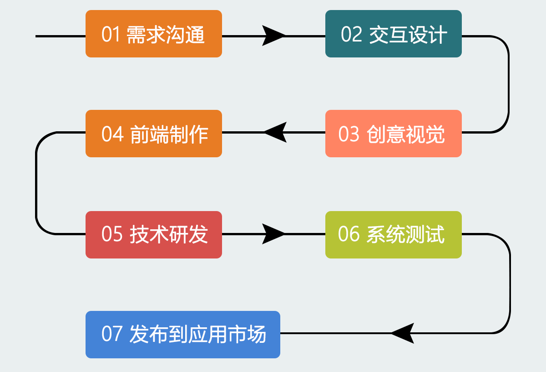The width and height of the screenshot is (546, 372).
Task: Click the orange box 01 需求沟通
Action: (x=154, y=34)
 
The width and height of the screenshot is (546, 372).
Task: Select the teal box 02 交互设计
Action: (x=394, y=34)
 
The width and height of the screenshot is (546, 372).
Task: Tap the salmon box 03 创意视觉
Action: (x=394, y=134)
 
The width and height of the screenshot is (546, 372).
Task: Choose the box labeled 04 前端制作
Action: (x=154, y=134)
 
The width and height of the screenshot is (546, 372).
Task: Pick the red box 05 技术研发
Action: (x=154, y=234)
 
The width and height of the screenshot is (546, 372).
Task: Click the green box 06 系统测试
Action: (x=394, y=234)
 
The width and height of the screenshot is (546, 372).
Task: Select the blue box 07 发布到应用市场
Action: (x=183, y=334)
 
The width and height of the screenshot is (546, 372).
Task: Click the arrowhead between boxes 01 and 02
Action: (x=273, y=36)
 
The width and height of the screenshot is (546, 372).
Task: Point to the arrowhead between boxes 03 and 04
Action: (x=275, y=132)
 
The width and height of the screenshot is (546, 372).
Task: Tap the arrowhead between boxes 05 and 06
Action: (x=273, y=234)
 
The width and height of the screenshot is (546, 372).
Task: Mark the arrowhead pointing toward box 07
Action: (x=402, y=333)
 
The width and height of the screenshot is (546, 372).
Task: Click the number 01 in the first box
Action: (x=111, y=35)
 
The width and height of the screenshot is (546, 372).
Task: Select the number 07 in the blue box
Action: (x=111, y=334)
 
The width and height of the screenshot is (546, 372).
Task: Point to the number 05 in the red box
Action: (x=111, y=234)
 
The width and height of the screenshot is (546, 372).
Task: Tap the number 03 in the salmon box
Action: (x=349, y=134)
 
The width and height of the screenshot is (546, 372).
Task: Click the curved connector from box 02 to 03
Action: (x=509, y=84)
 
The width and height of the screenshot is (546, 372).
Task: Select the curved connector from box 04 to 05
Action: (x=36, y=183)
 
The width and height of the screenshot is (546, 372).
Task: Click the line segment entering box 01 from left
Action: (x=61, y=36)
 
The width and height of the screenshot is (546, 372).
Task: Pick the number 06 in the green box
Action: (x=349, y=234)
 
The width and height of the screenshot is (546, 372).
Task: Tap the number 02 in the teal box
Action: (x=351, y=34)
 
